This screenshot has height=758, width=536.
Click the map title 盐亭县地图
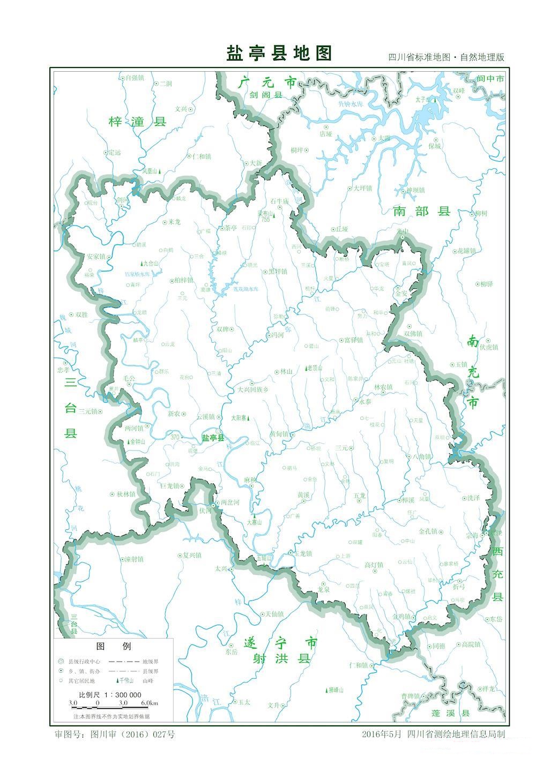279,54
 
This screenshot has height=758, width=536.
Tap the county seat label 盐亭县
214,438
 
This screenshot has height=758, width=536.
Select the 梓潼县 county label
137,122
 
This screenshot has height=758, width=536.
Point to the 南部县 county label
422,211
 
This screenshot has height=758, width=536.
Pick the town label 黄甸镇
279,434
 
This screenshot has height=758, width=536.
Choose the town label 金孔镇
428,531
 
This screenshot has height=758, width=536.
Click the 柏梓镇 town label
184,280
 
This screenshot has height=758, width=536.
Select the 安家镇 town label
96,257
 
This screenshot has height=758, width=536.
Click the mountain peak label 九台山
150,264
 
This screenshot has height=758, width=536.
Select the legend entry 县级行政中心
84,662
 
